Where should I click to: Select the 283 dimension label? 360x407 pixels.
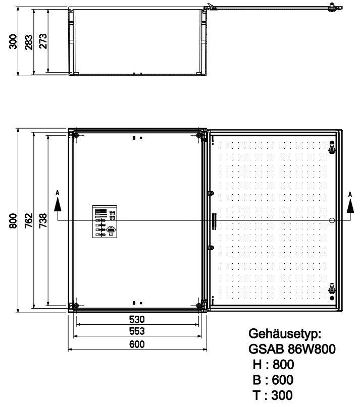click(x=29, y=42)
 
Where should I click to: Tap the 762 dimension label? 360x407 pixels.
click(x=29, y=221)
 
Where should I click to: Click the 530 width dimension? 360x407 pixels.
click(x=137, y=319)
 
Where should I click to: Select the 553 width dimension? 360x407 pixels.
click(x=137, y=331)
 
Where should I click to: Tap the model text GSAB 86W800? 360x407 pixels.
click(x=292, y=350)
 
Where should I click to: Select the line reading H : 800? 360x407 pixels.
click(x=273, y=365)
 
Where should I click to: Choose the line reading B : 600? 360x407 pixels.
click(x=273, y=380)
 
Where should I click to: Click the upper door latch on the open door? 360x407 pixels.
click(x=332, y=147)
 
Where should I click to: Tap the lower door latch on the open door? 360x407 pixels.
click(x=332, y=289)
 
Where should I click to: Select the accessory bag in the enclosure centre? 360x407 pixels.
click(x=105, y=221)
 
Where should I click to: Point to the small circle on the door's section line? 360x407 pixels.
click(x=332, y=220)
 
